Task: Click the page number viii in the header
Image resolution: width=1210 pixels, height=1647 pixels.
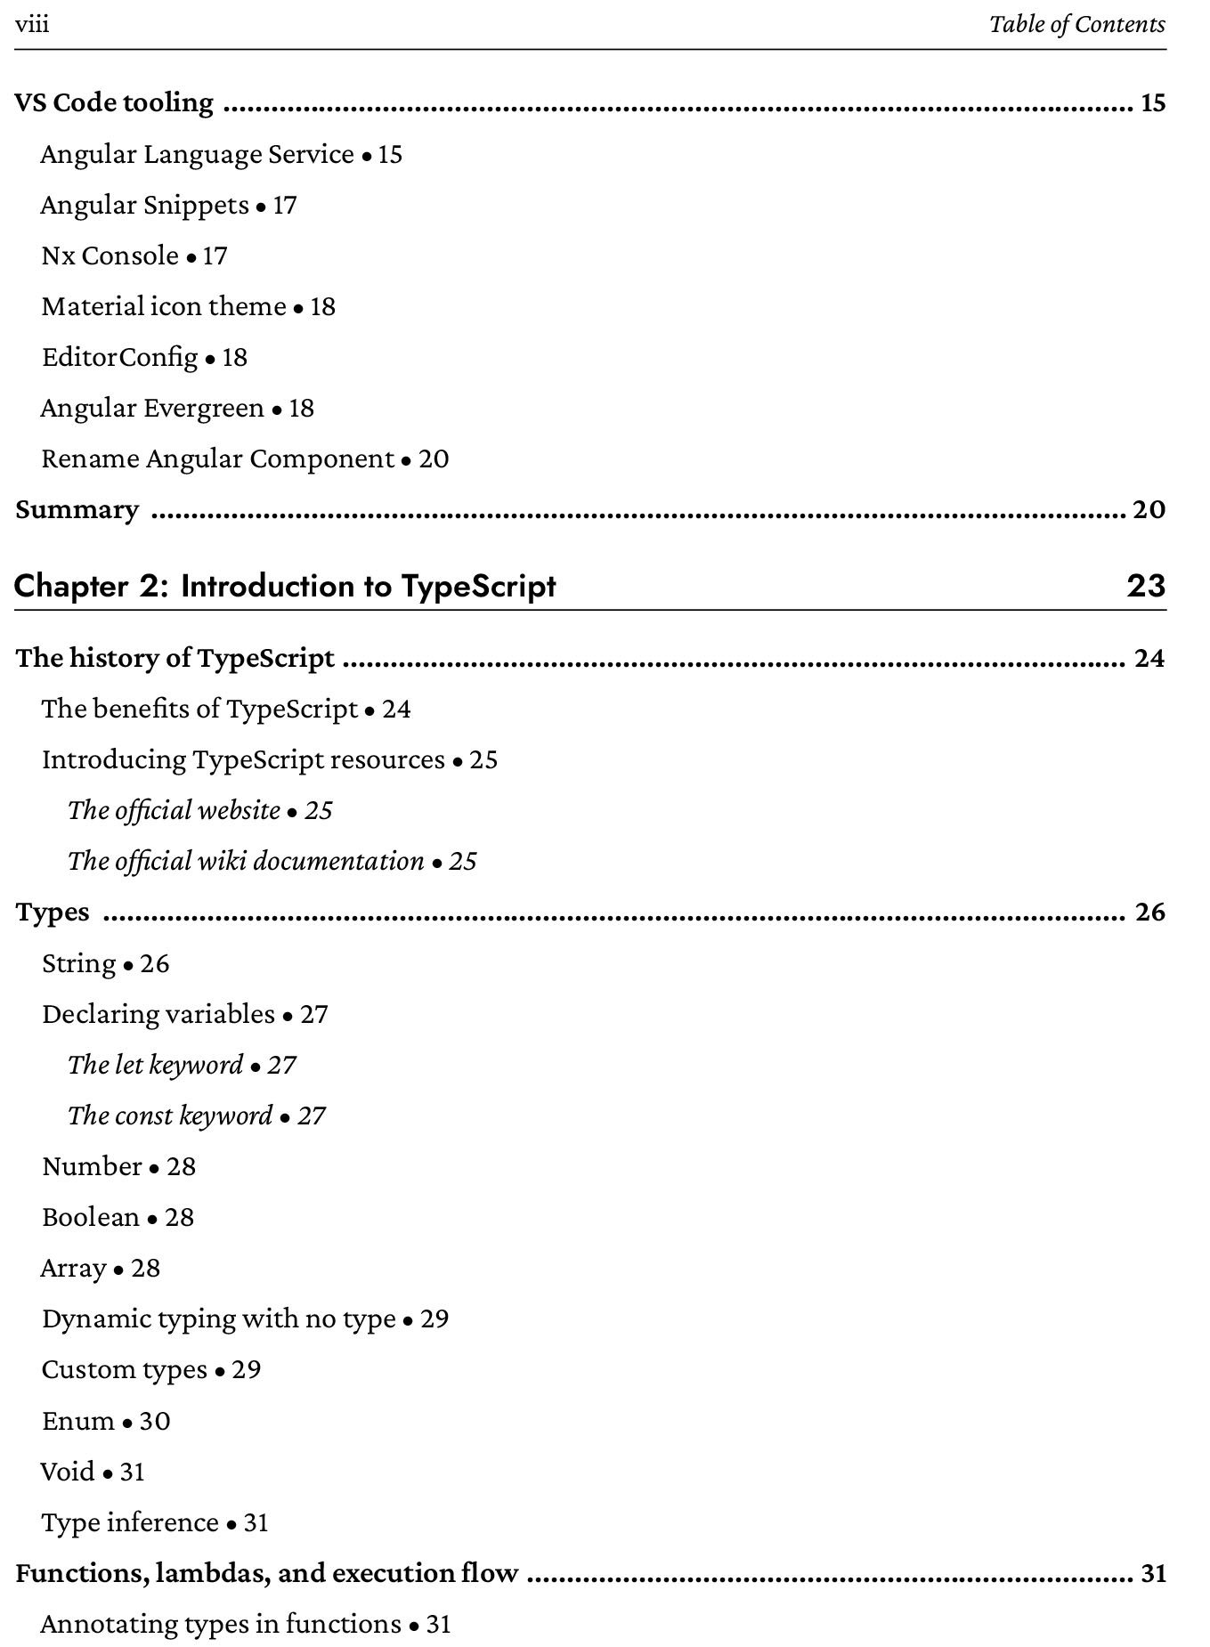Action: coord(32,24)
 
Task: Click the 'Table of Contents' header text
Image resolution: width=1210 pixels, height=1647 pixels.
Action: coord(1076,24)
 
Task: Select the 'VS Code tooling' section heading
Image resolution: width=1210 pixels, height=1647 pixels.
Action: coord(115,103)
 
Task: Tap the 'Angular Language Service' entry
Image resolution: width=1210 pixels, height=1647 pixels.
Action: coord(197,155)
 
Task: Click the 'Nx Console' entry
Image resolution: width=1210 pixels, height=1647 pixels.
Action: coord(110,256)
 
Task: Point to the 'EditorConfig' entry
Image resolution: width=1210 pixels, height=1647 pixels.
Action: coord(120,358)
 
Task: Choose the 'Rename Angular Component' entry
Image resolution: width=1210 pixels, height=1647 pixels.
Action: coord(217,459)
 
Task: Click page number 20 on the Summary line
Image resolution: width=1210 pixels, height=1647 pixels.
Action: coord(1148,510)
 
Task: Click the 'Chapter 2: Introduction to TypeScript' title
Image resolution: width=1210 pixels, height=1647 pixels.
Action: coord(285,587)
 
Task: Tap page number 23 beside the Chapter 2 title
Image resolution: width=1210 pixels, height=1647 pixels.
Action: coord(1146,587)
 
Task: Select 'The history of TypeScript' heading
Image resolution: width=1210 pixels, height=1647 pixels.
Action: coord(175,659)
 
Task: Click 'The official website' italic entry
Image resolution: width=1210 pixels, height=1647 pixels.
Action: coord(175,811)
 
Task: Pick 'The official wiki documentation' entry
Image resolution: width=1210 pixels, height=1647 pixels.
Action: coord(246,862)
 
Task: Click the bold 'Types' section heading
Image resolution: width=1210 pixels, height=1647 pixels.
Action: coord(53,913)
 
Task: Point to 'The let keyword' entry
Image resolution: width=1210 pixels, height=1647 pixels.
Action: coord(156,1066)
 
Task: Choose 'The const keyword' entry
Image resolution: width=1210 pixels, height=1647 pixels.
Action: coord(170,1116)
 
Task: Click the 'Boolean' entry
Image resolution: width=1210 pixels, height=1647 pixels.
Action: coord(91,1218)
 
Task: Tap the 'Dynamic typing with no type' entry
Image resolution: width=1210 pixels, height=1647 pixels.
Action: coord(218,1319)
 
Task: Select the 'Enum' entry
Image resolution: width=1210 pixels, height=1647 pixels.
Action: coord(78,1421)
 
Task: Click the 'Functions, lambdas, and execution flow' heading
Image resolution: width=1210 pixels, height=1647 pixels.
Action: coord(267,1574)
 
